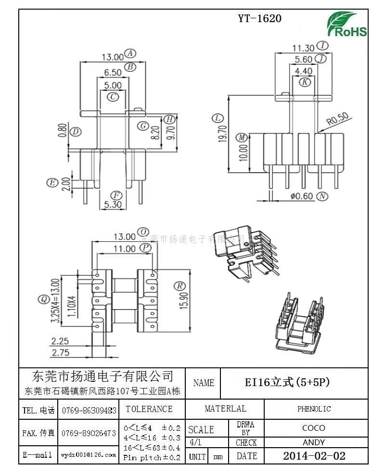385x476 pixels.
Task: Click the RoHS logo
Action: point(347,25)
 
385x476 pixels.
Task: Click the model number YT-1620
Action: point(259,19)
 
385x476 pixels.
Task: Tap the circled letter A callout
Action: point(130,53)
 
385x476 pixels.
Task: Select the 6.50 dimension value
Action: point(113,73)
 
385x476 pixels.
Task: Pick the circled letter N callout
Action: point(322,196)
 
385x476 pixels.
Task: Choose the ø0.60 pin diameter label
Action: point(302,196)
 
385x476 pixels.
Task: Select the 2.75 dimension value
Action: point(60,352)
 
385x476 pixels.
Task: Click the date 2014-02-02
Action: point(314,456)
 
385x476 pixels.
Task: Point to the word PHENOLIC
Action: point(314,409)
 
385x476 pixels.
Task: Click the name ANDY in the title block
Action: point(314,442)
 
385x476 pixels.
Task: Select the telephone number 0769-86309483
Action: point(89,411)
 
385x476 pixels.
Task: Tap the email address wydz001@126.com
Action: point(89,454)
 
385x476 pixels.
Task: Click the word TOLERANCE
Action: point(149,409)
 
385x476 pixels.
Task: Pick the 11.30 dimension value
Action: point(303,48)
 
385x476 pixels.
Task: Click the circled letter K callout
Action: point(305,82)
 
